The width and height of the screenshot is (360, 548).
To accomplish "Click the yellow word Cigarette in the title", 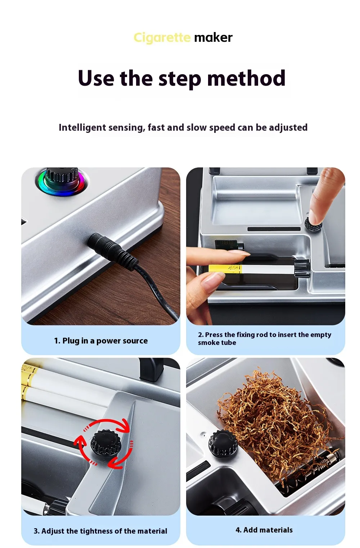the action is [162, 38].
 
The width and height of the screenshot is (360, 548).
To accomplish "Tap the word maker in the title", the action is [213, 38].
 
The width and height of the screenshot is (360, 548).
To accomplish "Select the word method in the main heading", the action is [246, 78].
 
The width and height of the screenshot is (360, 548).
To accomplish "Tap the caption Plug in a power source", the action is [101, 341].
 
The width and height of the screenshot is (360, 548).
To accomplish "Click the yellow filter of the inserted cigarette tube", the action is [225, 269].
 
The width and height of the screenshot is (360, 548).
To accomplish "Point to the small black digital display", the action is [227, 245].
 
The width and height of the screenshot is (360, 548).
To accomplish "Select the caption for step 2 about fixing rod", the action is [265, 338].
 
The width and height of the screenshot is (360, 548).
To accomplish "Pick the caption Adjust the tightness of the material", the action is [100, 531].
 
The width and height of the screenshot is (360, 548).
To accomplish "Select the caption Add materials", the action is [264, 530].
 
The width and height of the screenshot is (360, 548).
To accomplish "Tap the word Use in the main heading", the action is [96, 78].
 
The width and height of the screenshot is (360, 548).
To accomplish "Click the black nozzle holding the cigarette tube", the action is [302, 268].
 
